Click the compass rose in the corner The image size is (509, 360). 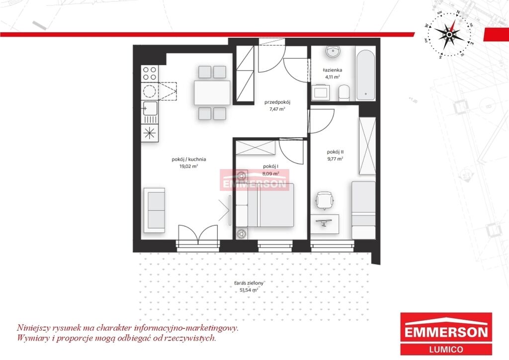[449, 34]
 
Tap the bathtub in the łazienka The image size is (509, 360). [366, 75]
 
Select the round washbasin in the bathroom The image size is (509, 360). [333, 52]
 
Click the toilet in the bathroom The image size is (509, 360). [344, 93]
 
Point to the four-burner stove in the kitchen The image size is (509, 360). [150, 74]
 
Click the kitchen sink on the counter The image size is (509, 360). [150, 108]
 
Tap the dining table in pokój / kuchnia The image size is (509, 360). [212, 92]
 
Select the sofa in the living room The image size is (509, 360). [155, 210]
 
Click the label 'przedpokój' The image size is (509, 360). [277, 102]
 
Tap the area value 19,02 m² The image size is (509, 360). [189, 166]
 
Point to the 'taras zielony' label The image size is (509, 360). [249, 283]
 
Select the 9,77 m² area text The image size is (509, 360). [336, 159]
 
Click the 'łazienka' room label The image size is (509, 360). [333, 70]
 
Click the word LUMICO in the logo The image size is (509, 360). [446, 350]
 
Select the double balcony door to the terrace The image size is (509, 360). [198, 234]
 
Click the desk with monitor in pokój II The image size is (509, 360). [324, 224]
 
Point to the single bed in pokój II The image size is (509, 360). [363, 210]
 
